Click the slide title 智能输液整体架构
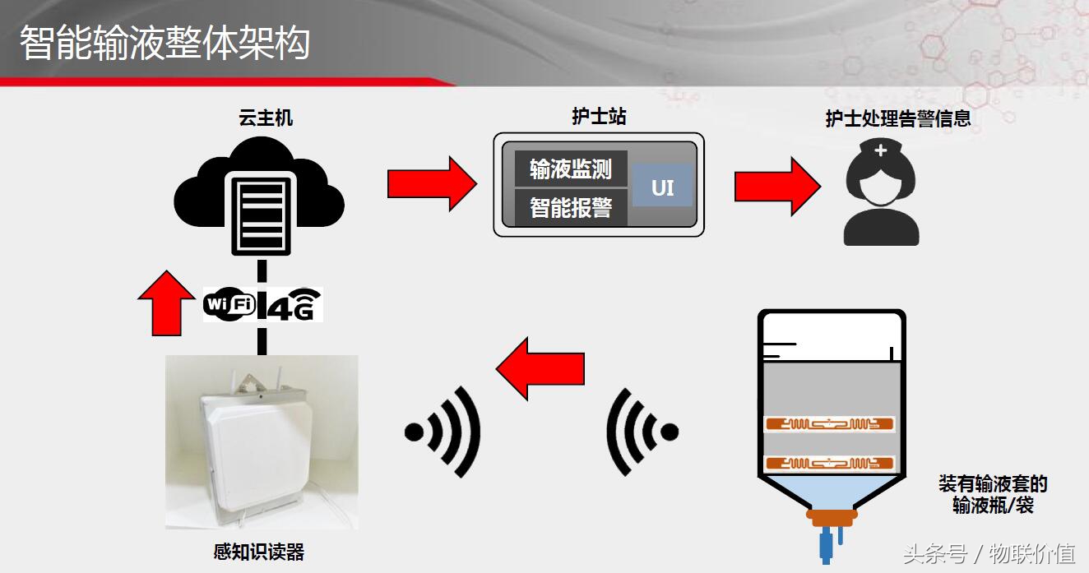tap(165, 43)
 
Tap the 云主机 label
tap(265, 118)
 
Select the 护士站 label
tap(599, 117)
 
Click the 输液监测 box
tap(571, 169)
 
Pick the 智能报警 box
tap(571, 207)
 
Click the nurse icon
tap(881, 192)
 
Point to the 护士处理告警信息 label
tap(898, 118)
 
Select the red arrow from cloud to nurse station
tap(432, 183)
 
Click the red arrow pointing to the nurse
tap(777, 183)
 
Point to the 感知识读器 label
tap(259, 552)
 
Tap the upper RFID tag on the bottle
tap(829, 424)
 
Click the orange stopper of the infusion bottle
tap(831, 516)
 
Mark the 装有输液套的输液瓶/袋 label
tap(993, 494)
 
